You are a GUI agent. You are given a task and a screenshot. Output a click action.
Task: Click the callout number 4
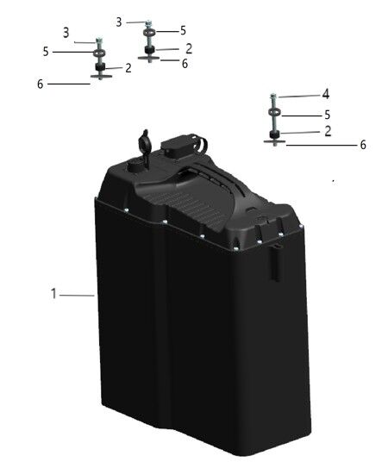click(326, 94)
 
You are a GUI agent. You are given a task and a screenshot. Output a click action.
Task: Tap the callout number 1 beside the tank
click(53, 294)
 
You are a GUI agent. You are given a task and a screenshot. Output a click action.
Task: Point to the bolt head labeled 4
click(273, 97)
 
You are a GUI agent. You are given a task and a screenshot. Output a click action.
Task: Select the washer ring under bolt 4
click(274, 113)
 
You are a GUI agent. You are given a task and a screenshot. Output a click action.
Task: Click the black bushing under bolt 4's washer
click(273, 134)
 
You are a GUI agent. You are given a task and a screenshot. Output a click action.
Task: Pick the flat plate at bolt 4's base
click(274, 141)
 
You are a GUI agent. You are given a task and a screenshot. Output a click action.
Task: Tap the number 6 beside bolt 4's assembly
click(363, 145)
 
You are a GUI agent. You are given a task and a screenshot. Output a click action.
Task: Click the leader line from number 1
click(77, 296)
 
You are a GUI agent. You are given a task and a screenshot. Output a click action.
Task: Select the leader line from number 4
click(299, 97)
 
